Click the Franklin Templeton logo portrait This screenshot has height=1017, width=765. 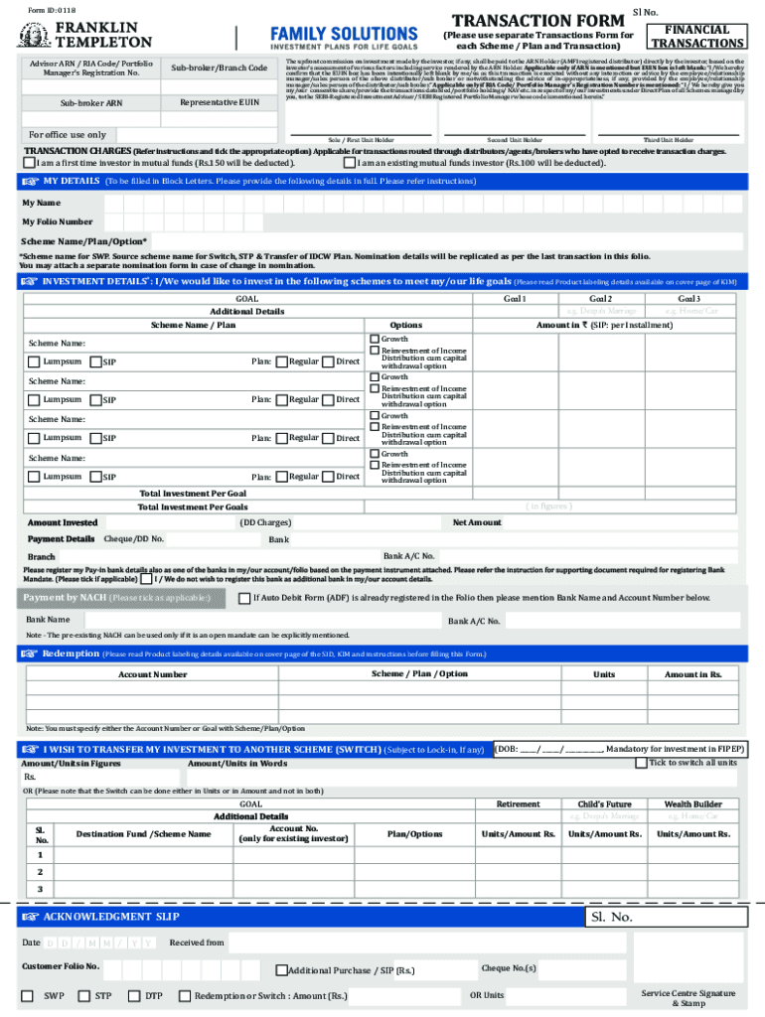click(33, 35)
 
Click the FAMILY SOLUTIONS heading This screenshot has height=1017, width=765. click(345, 35)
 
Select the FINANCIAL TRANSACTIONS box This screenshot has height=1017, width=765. click(696, 37)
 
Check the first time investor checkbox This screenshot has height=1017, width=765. click(29, 163)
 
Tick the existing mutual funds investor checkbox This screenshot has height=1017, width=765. click(350, 163)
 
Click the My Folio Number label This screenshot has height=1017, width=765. click(58, 221)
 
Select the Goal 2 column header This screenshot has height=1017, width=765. click(600, 298)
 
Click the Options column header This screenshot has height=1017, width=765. click(405, 325)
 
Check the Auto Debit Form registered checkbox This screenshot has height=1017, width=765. click(244, 598)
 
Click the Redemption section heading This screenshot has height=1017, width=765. click(71, 654)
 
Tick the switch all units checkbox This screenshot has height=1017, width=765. click(641, 763)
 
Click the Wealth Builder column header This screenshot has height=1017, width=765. click(692, 803)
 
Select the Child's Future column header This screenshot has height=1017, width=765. click(604, 803)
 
